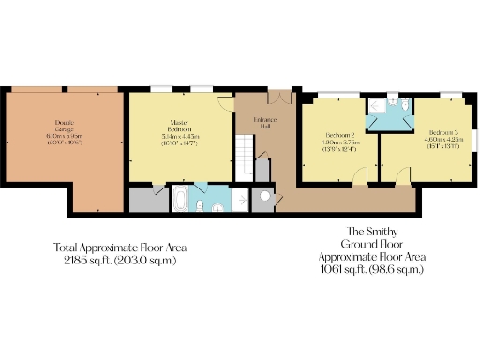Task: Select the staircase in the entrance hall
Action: pyautogui.click(x=246, y=154)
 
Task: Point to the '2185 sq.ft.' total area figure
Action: pyautogui.click(x=90, y=260)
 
